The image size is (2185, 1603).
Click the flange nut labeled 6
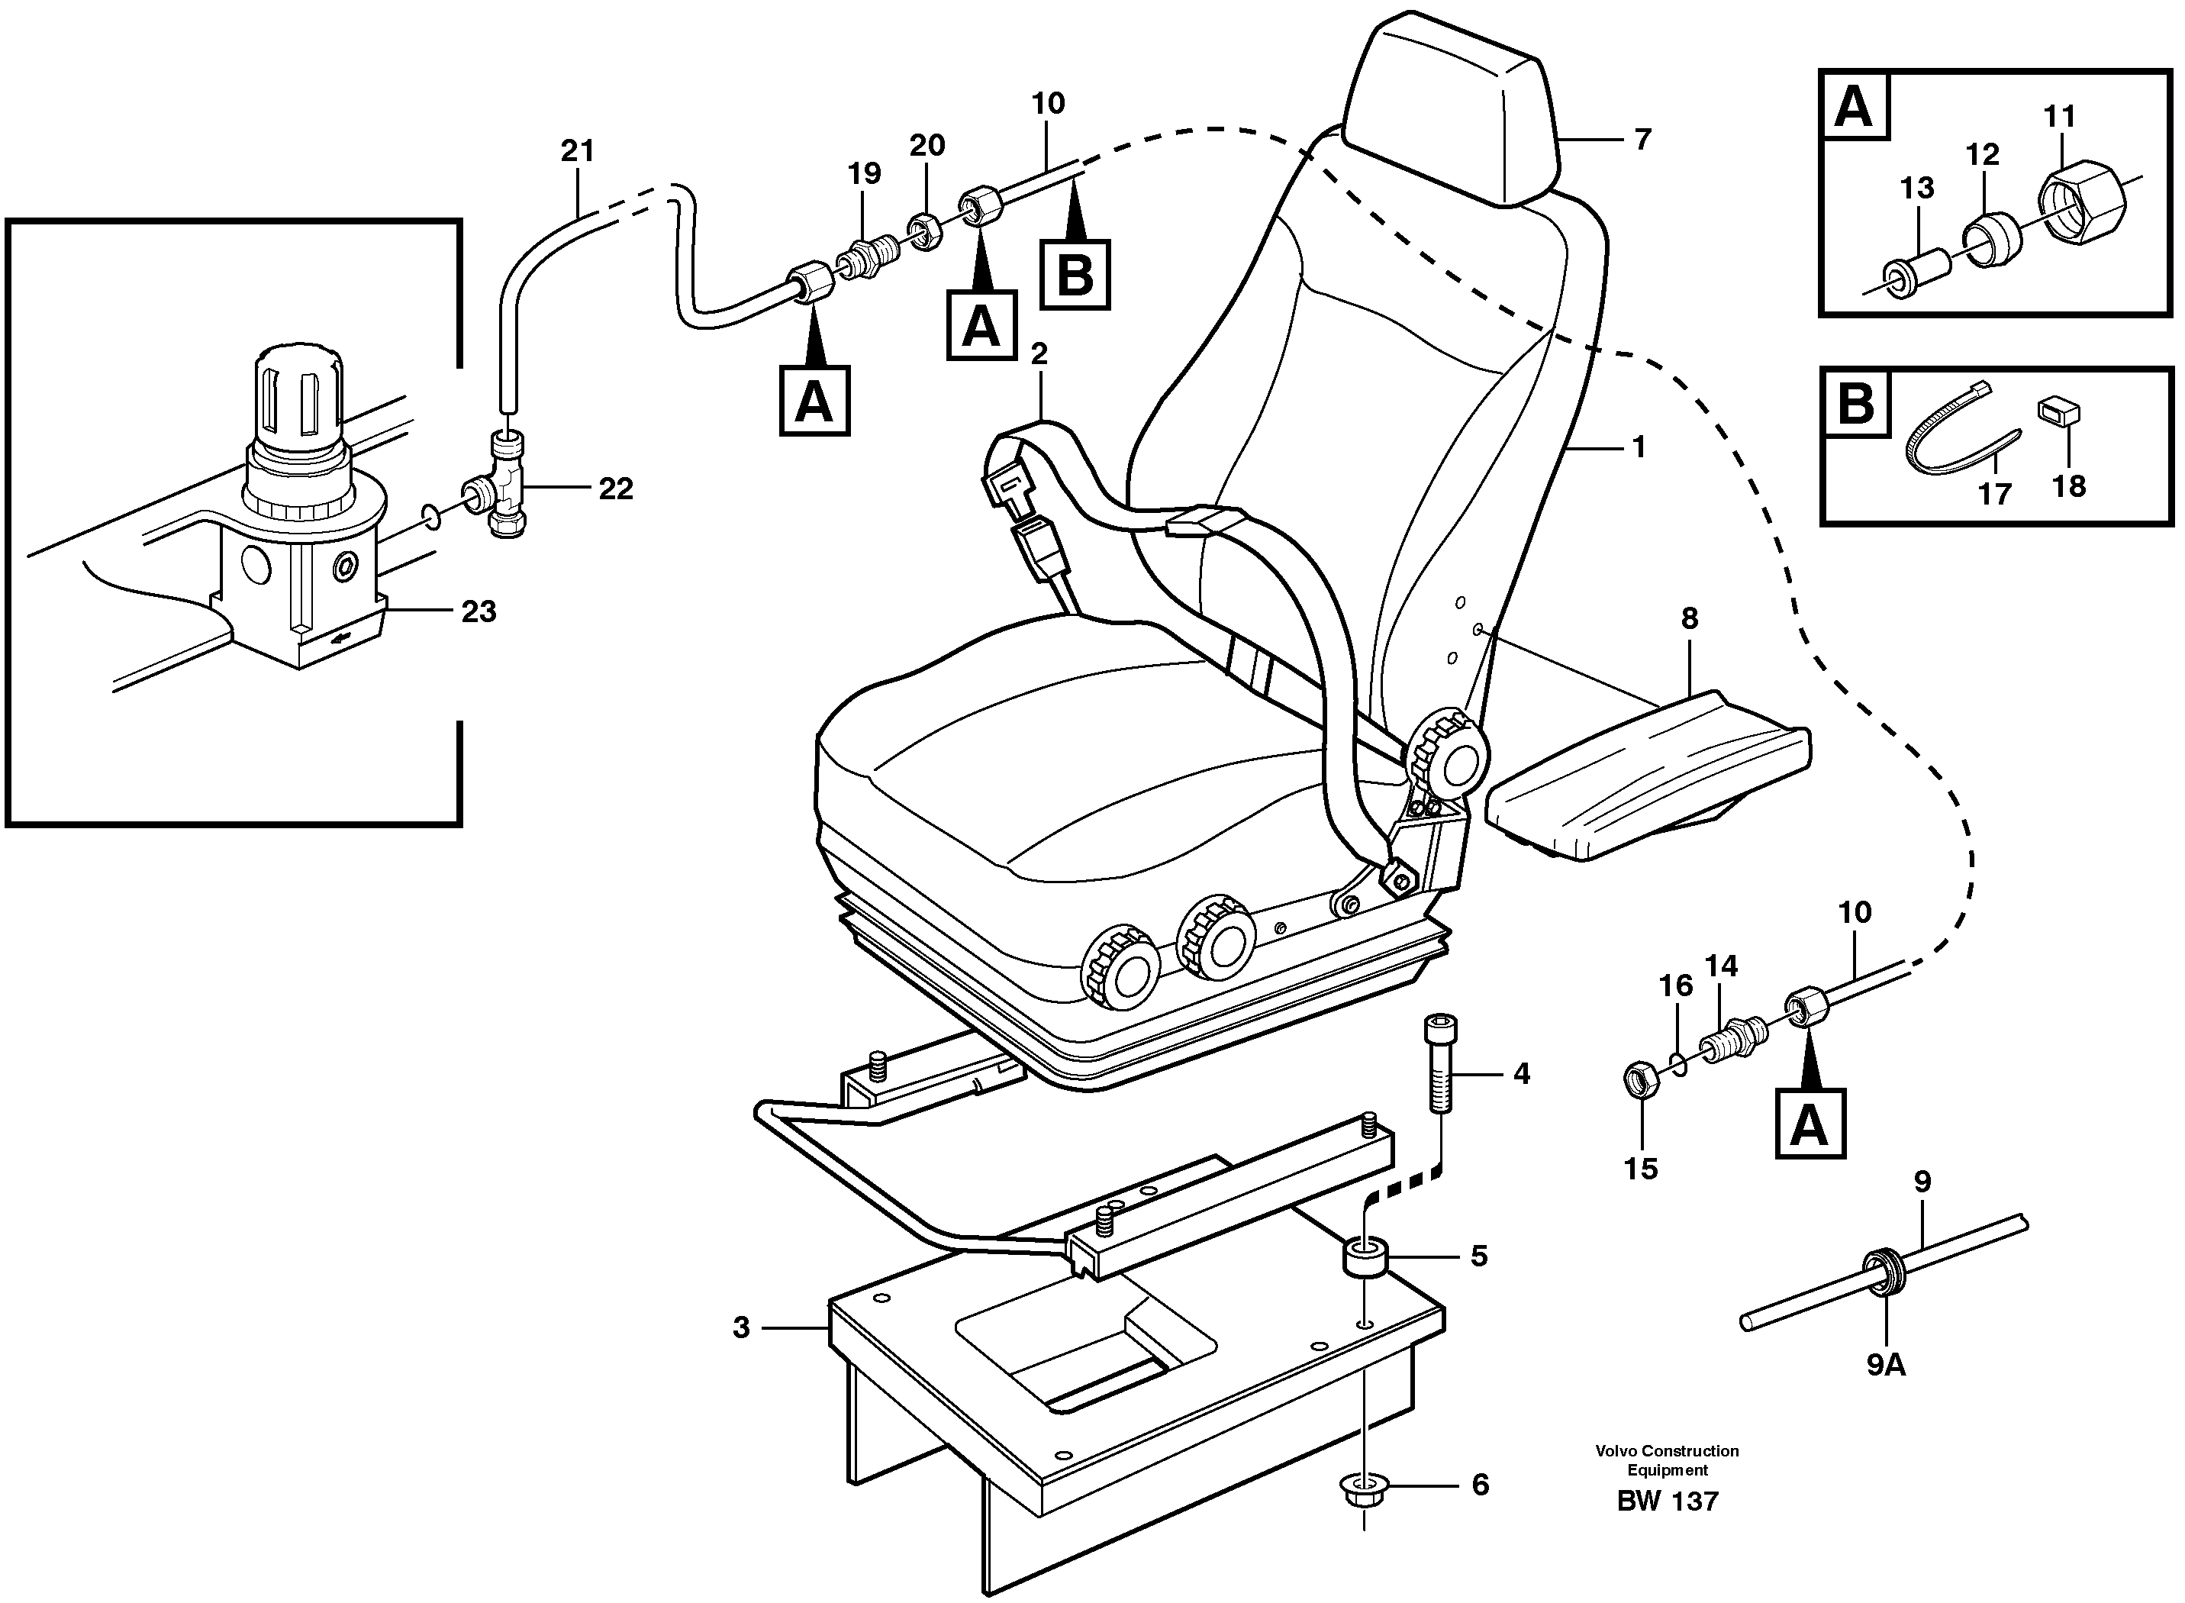click(1364, 1488)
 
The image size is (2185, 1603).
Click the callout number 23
click(479, 611)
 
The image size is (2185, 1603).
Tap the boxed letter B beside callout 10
click(1074, 275)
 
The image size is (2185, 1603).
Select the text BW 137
click(1667, 1501)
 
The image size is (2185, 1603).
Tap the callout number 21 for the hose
click(577, 151)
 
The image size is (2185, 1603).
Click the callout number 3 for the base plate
click(741, 1327)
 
